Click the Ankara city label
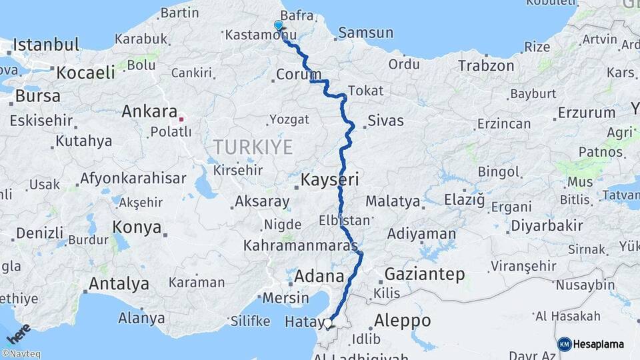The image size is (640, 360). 149,112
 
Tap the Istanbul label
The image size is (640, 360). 45,45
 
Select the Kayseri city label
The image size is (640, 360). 329,179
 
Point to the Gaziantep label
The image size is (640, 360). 425,274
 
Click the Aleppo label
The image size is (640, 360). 402,320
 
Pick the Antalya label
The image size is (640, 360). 119,284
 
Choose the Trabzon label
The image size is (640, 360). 485,65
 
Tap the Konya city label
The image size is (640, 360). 137,227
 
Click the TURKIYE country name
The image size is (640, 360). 253,147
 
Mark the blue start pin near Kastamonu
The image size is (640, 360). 279,25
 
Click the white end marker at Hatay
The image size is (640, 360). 327,323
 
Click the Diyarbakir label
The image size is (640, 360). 546,225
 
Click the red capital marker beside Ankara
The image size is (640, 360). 181,119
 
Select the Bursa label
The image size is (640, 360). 37,95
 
